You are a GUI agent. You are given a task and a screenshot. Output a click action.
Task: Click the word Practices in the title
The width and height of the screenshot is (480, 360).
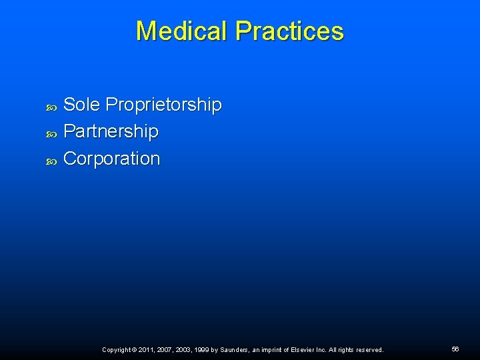[x=289, y=31]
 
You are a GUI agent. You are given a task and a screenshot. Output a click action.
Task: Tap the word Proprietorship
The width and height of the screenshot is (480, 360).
[x=163, y=105]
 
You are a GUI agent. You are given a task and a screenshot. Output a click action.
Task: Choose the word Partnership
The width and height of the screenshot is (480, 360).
[x=111, y=131]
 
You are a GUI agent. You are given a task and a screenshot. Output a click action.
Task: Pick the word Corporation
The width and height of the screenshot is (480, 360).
[x=111, y=159]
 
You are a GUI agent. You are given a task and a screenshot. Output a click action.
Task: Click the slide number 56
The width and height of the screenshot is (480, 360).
[x=455, y=349]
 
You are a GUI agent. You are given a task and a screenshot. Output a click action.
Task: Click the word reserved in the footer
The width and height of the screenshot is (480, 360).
[x=369, y=350]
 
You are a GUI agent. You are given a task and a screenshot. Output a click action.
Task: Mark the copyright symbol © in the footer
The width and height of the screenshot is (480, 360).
[x=135, y=350]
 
